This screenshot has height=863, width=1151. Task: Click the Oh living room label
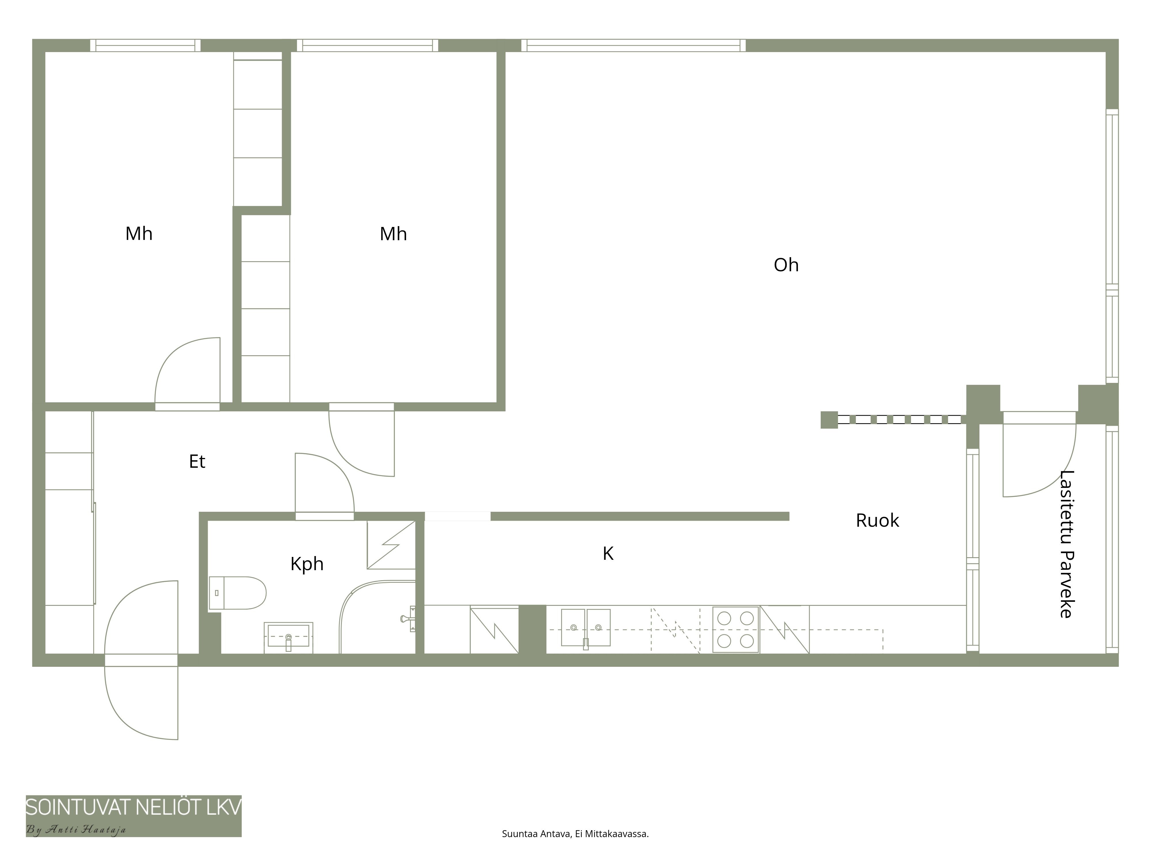(x=786, y=265)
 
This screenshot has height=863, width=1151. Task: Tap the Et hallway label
(x=197, y=461)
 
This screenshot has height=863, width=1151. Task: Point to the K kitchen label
(x=608, y=553)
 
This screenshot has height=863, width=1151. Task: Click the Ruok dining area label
(x=877, y=520)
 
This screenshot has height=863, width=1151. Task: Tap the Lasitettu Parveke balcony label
(x=1067, y=544)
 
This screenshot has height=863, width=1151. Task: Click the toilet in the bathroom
(x=237, y=593)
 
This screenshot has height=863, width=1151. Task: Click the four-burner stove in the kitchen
(x=735, y=629)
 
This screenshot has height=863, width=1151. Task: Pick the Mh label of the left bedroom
(x=139, y=234)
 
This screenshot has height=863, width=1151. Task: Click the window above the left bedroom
(x=145, y=45)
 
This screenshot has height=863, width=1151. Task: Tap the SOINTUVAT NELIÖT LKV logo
(x=134, y=807)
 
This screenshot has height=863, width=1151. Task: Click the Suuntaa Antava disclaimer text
(x=575, y=834)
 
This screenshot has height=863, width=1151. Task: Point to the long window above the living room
(x=633, y=45)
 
